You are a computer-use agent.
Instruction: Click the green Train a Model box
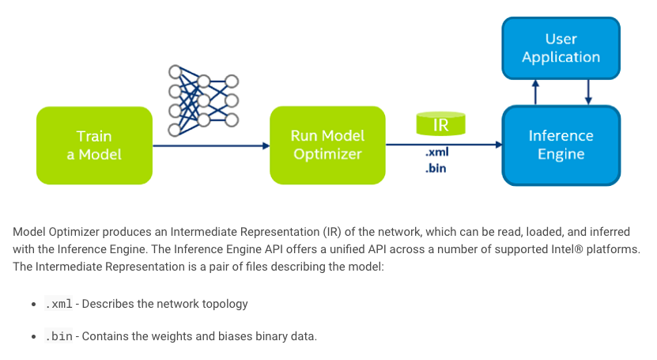pyautogui.click(x=94, y=146)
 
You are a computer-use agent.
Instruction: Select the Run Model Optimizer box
pyautogui.click(x=327, y=146)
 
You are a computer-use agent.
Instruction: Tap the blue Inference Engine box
pyautogui.click(x=561, y=146)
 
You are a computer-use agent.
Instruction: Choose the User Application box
pyautogui.click(x=561, y=47)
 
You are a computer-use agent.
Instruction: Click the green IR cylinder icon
pyautogui.click(x=440, y=123)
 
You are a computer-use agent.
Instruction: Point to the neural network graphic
pyautogui.click(x=202, y=100)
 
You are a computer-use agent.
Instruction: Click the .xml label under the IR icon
pyautogui.click(x=436, y=153)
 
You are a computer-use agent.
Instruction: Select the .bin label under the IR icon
pyautogui.click(x=436, y=168)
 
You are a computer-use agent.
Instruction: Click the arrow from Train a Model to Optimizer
pyautogui.click(x=210, y=146)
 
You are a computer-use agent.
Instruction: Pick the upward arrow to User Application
pyautogui.click(x=535, y=92)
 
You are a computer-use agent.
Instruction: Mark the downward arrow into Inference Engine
pyautogui.click(x=588, y=92)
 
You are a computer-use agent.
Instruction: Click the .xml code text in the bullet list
pyautogui.click(x=59, y=304)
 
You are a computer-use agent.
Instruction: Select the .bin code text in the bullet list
pyautogui.click(x=59, y=336)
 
